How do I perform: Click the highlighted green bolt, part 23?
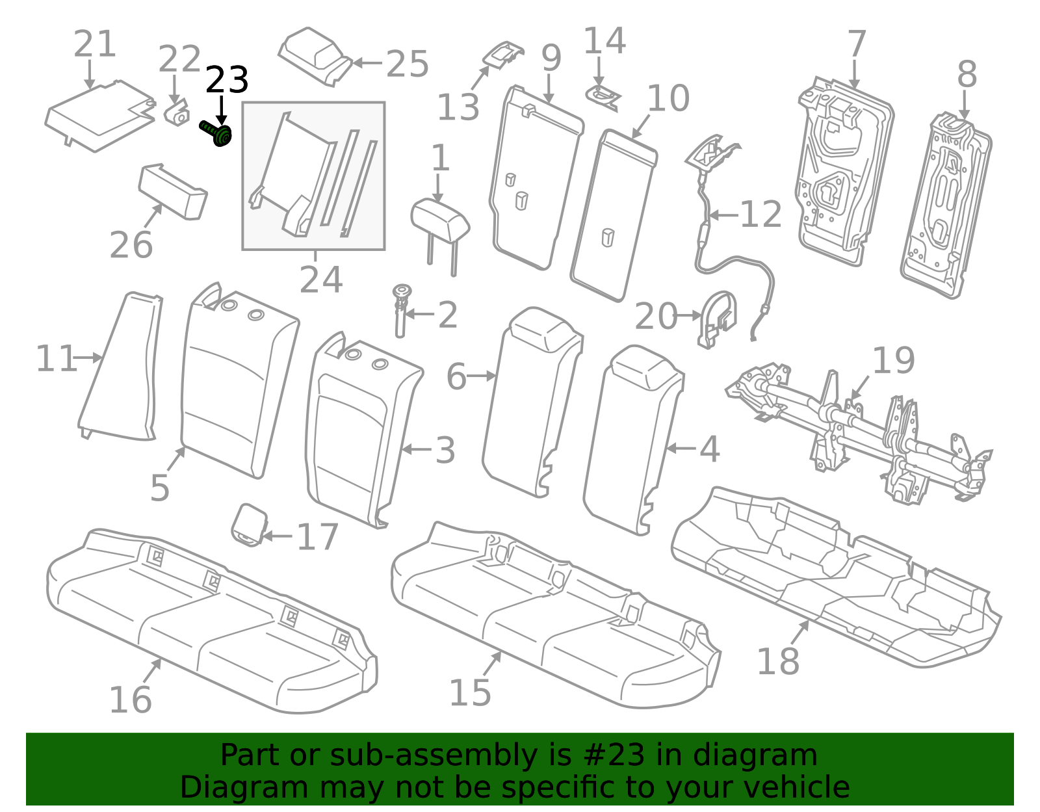pos(216,133)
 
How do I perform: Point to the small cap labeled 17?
pos(249,525)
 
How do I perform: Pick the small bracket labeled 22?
pos(177,113)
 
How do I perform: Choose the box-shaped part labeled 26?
pos(173,191)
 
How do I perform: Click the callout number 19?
pos(893,360)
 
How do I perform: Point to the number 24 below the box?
pos(320,280)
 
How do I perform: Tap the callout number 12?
pos(761,214)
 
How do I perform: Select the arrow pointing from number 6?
pos(481,376)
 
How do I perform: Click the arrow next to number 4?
pos(681,449)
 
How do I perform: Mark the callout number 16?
pos(131,700)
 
